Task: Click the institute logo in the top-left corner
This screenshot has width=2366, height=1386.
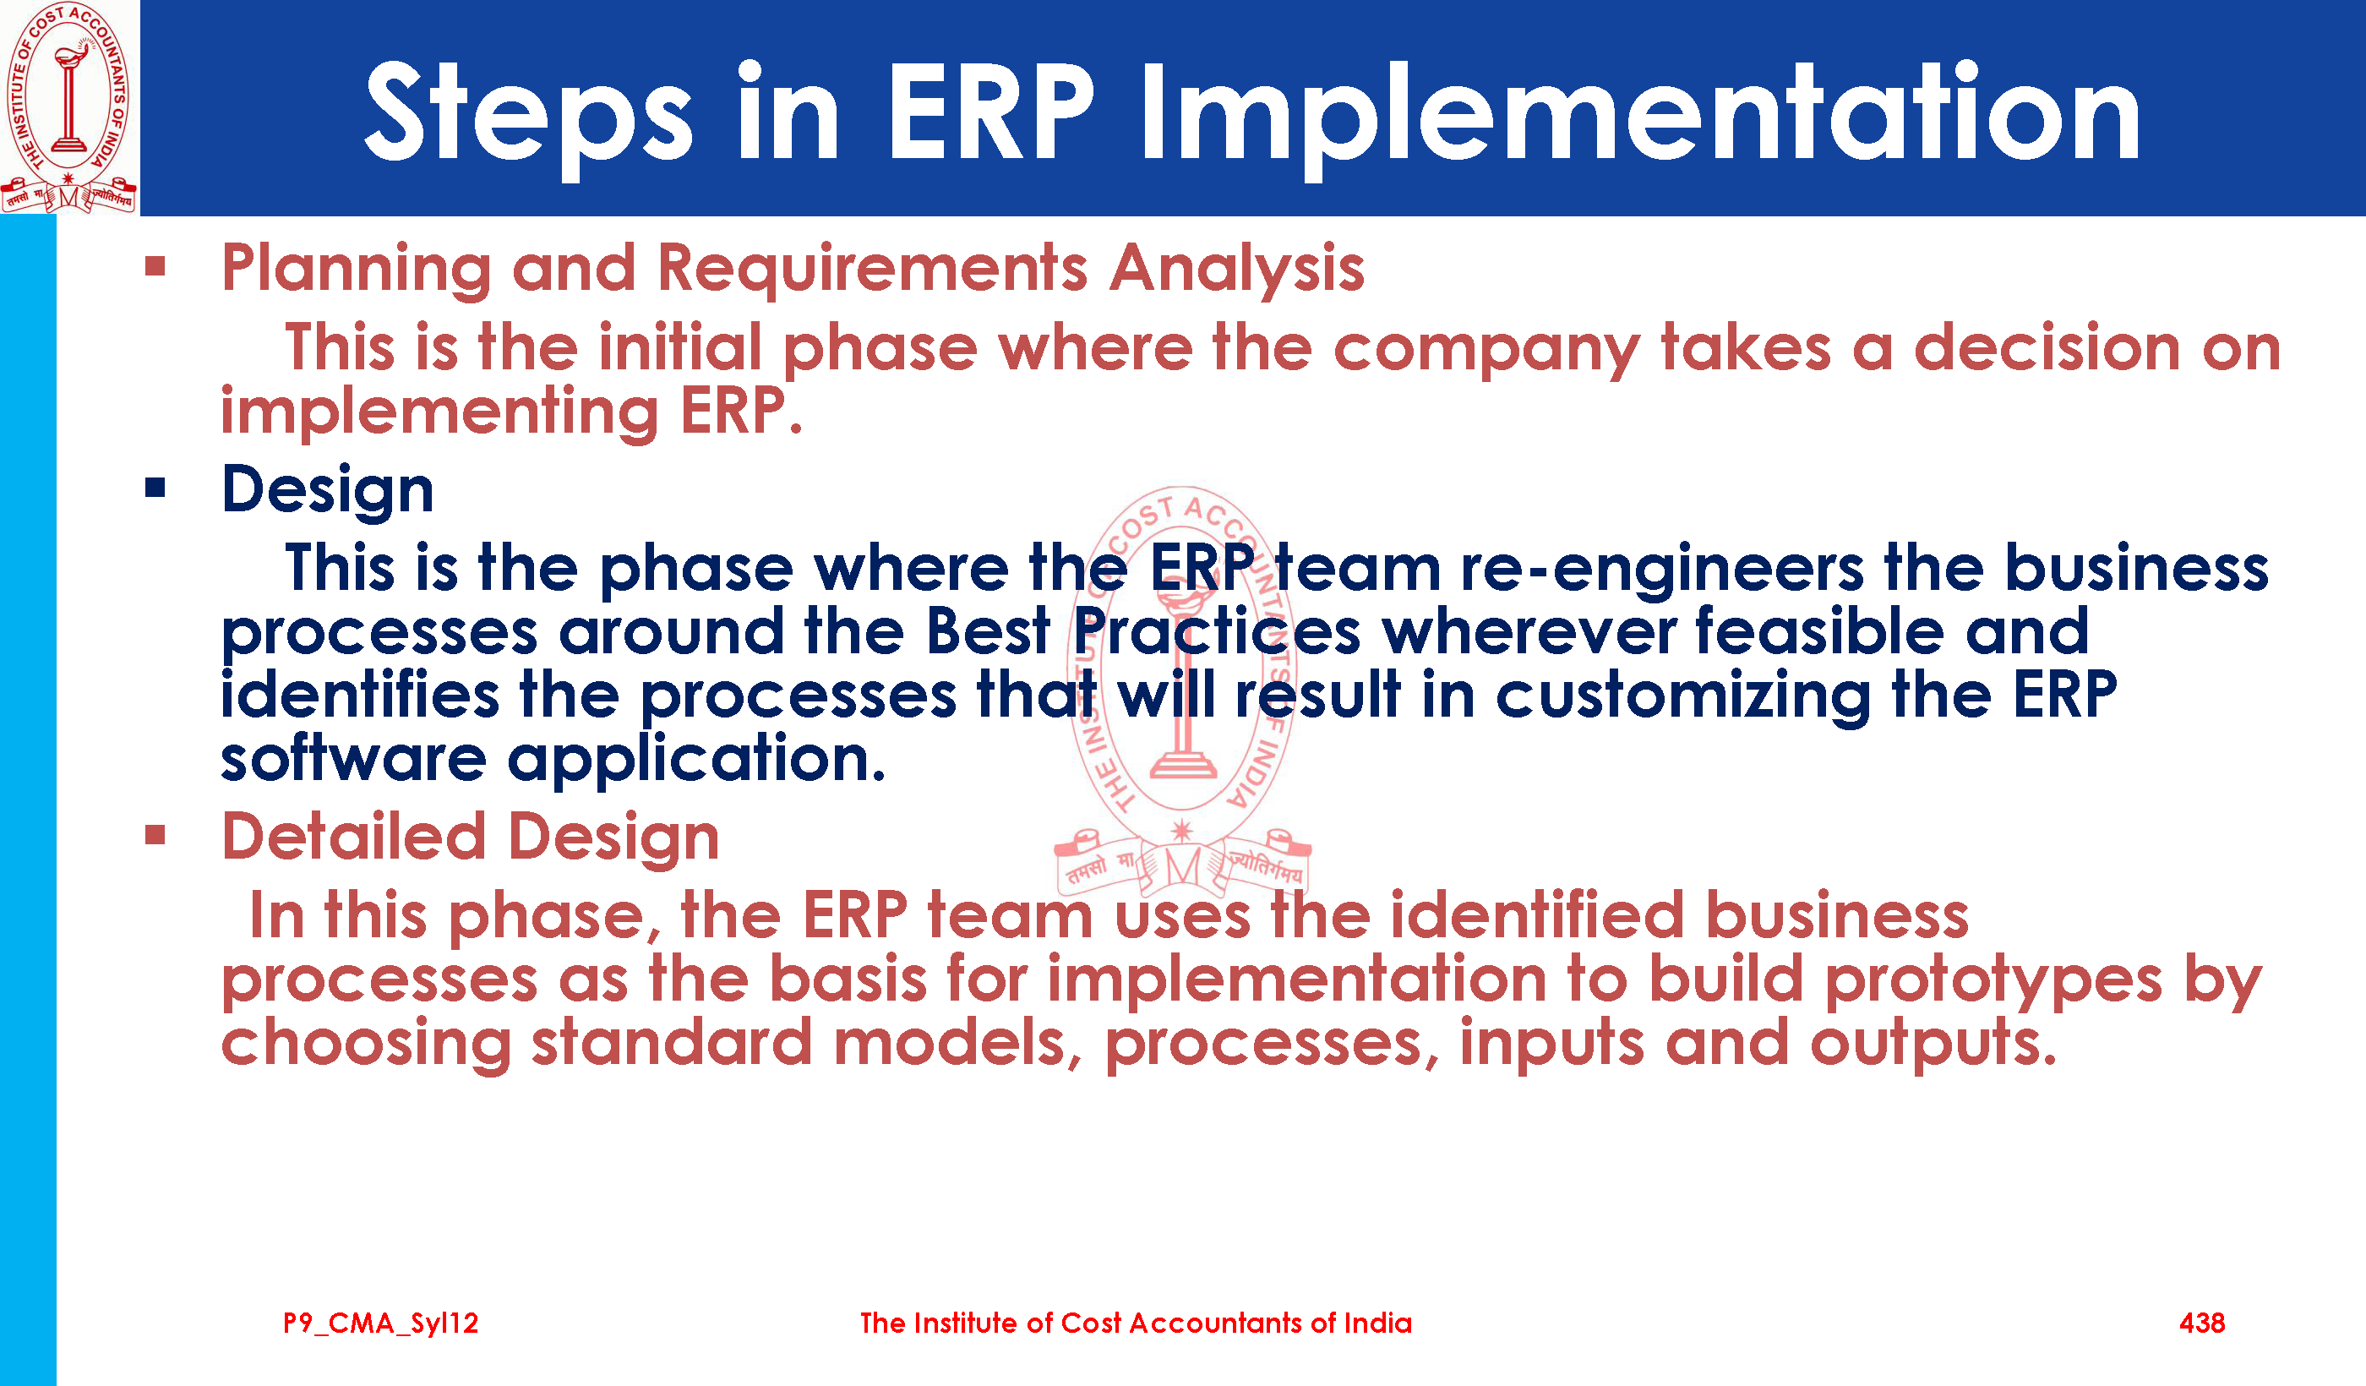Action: pos(68,107)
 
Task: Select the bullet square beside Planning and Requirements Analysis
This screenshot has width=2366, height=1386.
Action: pos(155,267)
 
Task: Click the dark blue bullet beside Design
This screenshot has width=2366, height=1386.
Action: pos(155,488)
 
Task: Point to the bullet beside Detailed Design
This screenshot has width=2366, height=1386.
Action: pos(155,835)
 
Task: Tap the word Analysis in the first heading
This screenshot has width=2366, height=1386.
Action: pos(1236,270)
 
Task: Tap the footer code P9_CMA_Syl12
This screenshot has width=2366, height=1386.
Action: pos(381,1324)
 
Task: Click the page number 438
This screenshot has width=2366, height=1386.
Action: pos(2202,1323)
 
